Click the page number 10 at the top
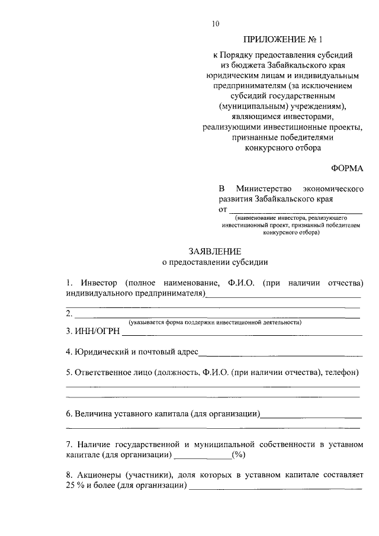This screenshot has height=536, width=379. pos(215,24)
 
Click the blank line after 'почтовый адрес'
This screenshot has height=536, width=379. pos(281,355)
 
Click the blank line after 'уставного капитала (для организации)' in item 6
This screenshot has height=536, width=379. pos(311,416)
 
